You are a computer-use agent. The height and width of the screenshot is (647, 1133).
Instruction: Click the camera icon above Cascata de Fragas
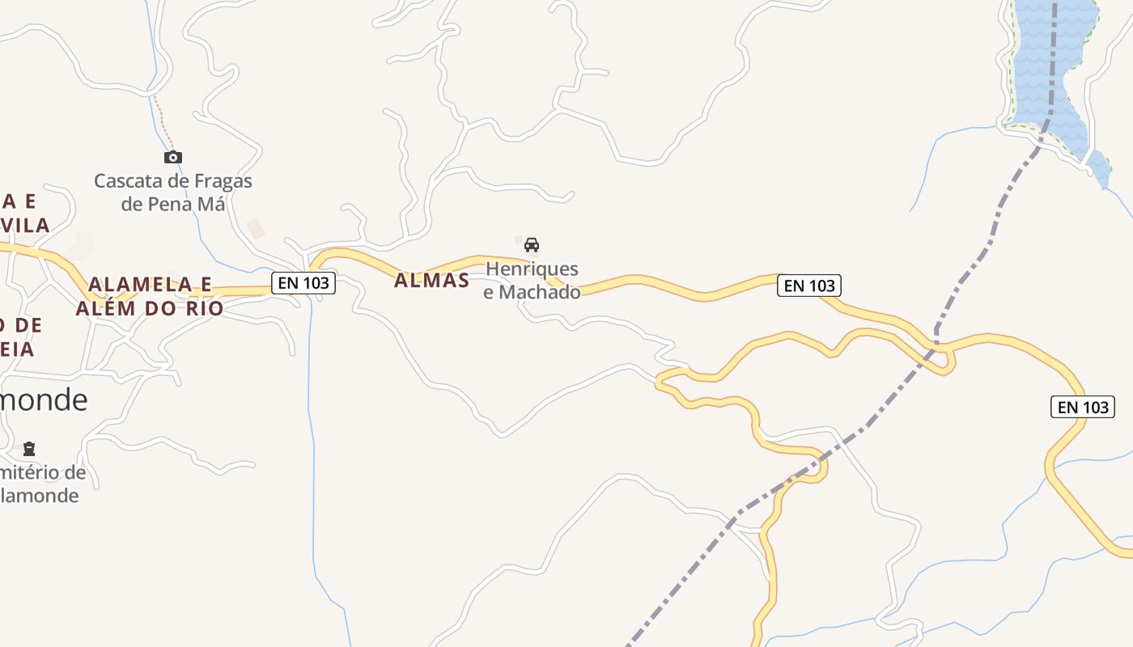(x=173, y=157)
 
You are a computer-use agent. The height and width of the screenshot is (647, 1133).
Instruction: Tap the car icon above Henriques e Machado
(x=532, y=244)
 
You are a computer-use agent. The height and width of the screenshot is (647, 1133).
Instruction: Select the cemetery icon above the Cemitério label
(x=29, y=448)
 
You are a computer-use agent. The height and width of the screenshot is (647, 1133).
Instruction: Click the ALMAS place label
(x=431, y=281)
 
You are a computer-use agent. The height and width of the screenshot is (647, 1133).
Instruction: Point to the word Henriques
(x=532, y=269)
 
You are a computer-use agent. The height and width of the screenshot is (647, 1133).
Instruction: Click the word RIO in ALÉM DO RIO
(x=206, y=308)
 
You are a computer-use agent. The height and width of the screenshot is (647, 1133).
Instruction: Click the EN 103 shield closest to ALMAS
(x=303, y=282)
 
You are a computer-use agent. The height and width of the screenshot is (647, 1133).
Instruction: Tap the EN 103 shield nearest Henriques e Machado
(x=809, y=285)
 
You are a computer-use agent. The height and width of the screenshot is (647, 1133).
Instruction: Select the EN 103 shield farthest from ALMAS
(x=1083, y=407)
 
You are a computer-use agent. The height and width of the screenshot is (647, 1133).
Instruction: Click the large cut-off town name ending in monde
(x=44, y=400)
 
